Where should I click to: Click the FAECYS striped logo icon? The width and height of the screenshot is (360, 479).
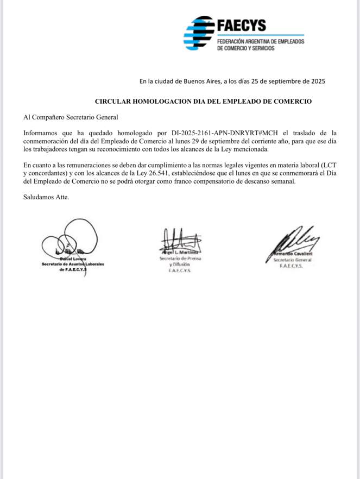tap(199, 33)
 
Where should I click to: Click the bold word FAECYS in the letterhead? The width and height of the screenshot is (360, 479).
tap(241, 25)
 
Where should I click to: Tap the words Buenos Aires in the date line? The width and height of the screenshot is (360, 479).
tap(199, 81)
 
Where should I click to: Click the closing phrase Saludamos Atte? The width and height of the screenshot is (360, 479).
tap(46, 197)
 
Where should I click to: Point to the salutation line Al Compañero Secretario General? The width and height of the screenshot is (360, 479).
tap(71, 117)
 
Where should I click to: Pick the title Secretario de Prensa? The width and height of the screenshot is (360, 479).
tap(180, 259)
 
